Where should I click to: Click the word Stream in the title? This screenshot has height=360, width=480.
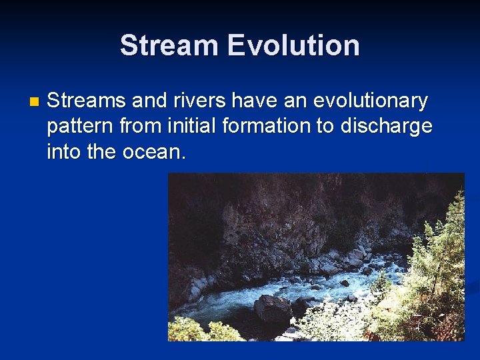pos(169,45)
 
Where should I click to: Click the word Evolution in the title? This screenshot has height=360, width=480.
pos(293,45)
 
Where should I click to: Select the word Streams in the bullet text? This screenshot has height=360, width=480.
pos(87,101)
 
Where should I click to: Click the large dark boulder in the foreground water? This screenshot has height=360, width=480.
pos(272,308)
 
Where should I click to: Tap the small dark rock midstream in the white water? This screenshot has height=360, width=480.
pos(344,283)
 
